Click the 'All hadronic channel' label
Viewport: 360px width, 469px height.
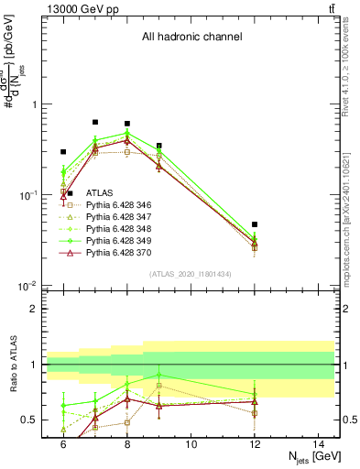(x=191, y=37)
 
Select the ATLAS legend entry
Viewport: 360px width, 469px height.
(x=99, y=193)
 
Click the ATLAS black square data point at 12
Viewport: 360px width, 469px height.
(x=255, y=224)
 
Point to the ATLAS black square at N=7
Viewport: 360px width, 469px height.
(x=95, y=122)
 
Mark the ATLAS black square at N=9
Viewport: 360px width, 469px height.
(x=159, y=146)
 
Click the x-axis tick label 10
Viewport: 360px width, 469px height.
(x=191, y=443)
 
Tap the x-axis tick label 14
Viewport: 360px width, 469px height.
(x=319, y=443)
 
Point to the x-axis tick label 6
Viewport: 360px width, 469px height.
(x=63, y=443)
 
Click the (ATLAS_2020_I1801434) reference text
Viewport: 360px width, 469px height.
(x=191, y=274)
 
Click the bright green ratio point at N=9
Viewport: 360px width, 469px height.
(x=159, y=375)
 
